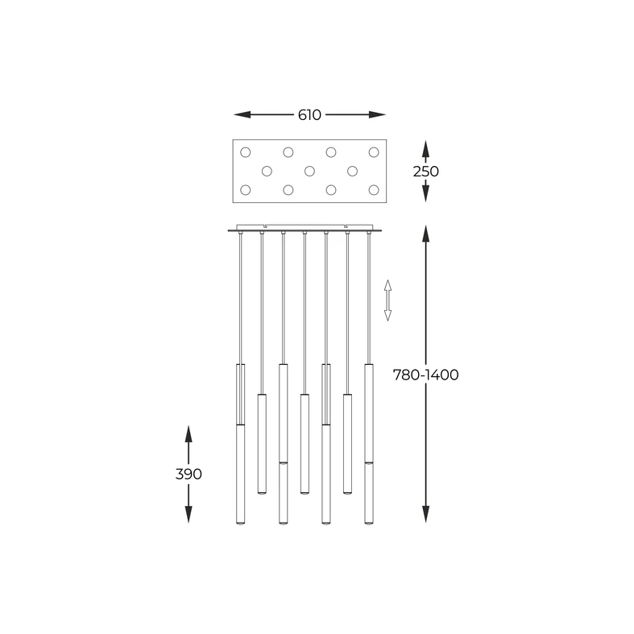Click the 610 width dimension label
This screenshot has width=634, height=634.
(x=309, y=114)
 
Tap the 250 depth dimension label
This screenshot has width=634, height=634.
(x=425, y=171)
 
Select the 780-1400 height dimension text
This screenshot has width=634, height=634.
(x=425, y=375)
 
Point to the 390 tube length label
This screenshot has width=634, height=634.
(x=188, y=474)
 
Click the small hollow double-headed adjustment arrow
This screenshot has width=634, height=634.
(x=387, y=300)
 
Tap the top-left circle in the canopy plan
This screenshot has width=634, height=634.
(x=246, y=151)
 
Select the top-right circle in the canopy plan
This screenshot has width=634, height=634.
(x=374, y=151)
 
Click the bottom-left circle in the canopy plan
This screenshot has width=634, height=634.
(x=246, y=190)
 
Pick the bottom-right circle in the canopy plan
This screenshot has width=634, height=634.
(x=374, y=190)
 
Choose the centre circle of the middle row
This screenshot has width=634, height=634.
(x=309, y=171)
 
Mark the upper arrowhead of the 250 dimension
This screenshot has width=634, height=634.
(x=425, y=147)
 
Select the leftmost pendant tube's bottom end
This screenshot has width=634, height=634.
(x=240, y=522)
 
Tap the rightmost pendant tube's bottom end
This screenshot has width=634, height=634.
(x=368, y=522)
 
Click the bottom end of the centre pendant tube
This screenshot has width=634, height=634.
(x=304, y=491)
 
